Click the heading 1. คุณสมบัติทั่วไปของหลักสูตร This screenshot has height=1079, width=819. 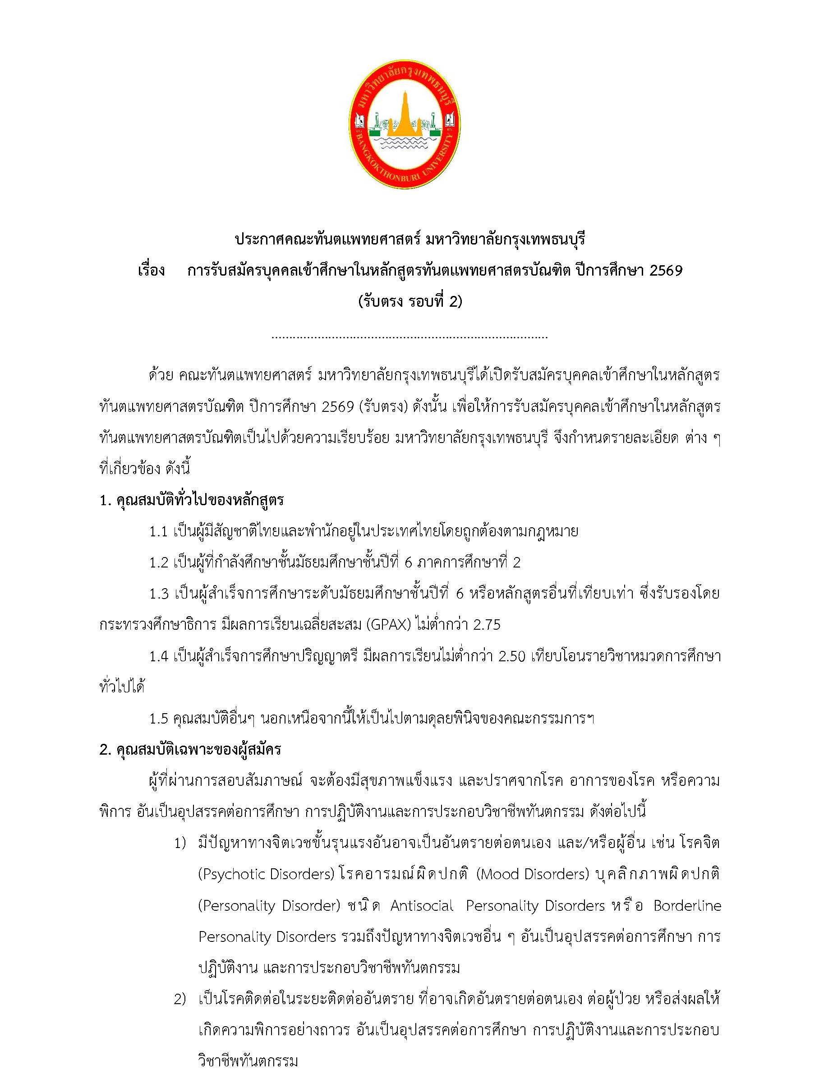pos(192,500)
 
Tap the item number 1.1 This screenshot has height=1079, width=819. pos(159,532)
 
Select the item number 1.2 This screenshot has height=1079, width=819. pos(159,563)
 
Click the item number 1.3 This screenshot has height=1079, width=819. pos(159,594)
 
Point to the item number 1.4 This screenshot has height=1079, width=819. pos(159,657)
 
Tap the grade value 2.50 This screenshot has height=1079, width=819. pos(512,657)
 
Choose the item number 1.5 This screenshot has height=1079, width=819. pos(159,719)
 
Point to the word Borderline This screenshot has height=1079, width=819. pos(687,906)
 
